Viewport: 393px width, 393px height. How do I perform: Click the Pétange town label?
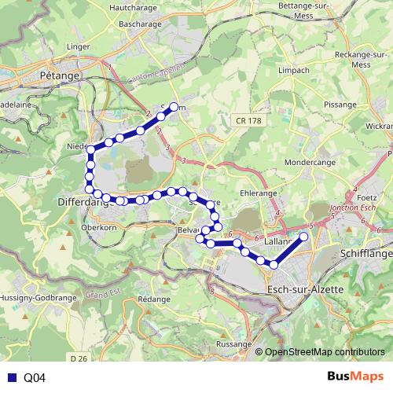59,75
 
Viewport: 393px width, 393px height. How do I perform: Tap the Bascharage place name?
140,24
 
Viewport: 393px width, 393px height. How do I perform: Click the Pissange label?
340,103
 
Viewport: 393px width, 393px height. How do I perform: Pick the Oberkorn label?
97,228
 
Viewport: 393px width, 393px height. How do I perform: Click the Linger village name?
79,46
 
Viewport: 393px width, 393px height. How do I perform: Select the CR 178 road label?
247,120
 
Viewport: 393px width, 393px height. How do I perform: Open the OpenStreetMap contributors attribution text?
325,353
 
